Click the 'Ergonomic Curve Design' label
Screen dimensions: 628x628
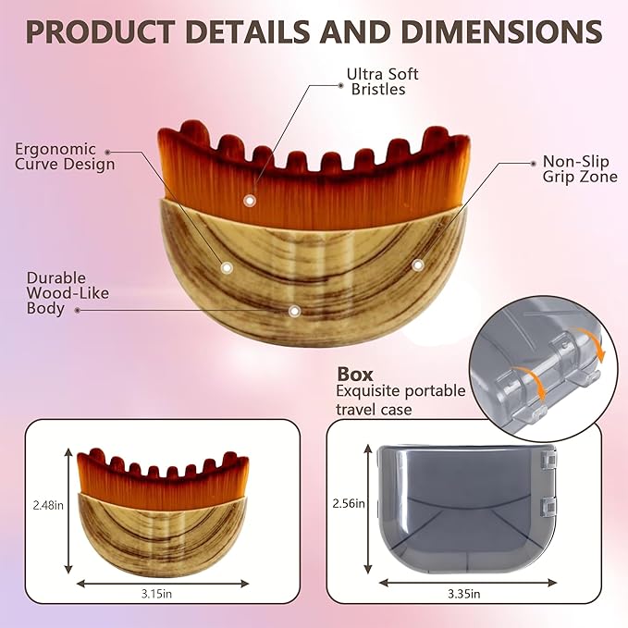tap(65, 156)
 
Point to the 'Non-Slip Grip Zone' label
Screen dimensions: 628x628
tap(580, 168)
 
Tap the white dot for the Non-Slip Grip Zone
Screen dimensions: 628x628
tap(418, 265)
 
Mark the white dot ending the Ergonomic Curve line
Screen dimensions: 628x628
tap(227, 266)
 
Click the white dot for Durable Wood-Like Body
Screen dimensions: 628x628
tap(294, 311)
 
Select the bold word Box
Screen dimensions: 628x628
tap(355, 374)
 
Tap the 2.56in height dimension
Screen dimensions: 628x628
tap(348, 504)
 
